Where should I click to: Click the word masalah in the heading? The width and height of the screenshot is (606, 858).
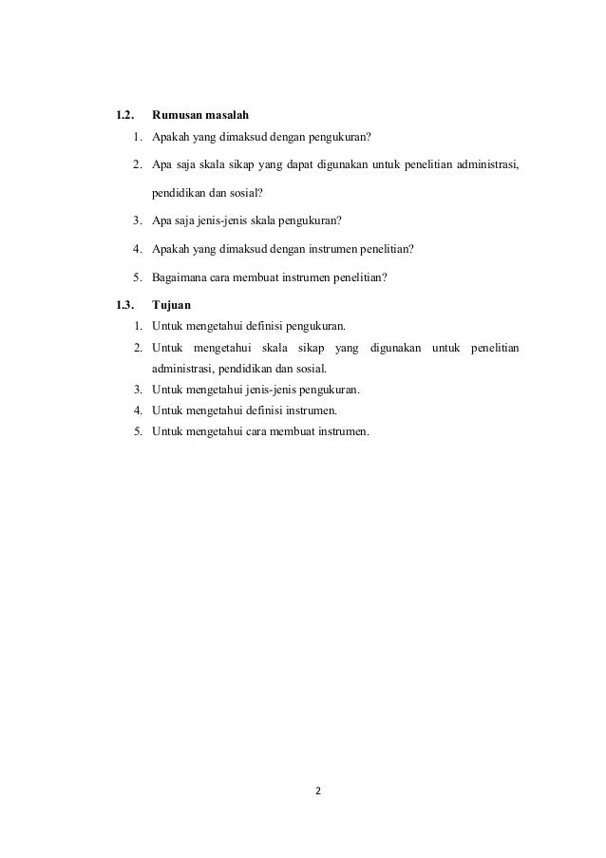(x=228, y=116)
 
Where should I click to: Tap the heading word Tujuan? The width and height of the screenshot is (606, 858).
(x=171, y=305)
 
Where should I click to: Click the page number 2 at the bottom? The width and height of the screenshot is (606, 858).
(x=318, y=790)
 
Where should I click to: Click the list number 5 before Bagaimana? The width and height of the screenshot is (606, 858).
(x=138, y=278)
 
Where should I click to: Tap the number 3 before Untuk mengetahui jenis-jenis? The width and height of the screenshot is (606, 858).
(x=138, y=390)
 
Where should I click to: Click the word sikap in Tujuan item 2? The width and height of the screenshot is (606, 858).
(x=312, y=348)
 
